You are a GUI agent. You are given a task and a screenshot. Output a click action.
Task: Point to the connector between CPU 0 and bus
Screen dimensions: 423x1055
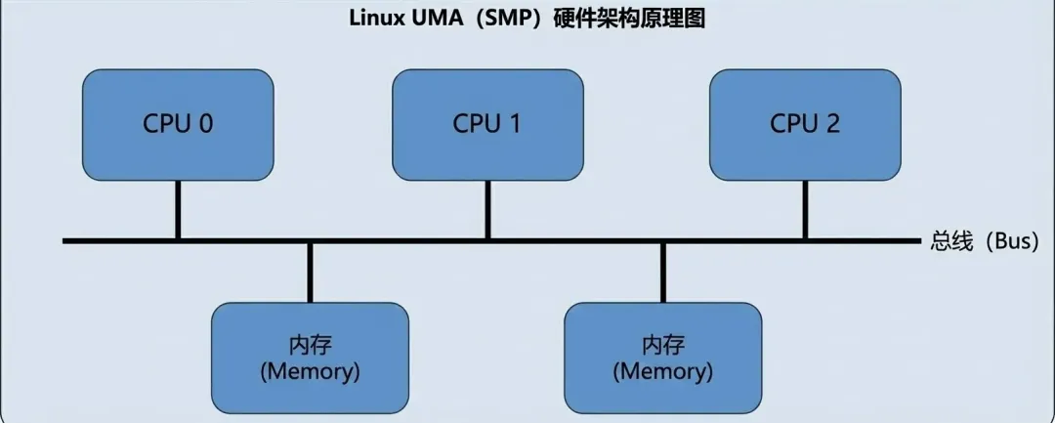178,209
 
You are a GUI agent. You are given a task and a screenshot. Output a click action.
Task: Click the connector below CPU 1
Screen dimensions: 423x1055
487,209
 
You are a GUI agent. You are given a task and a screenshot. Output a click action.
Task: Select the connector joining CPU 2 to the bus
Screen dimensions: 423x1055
805,209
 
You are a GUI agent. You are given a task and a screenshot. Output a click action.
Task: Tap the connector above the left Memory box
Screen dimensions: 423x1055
310,272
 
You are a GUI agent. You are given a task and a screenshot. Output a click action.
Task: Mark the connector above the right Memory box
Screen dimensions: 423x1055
662,272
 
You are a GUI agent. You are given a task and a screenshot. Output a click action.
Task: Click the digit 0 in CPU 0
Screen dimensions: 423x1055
206,124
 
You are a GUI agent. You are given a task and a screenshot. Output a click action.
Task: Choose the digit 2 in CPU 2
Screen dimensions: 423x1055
832,124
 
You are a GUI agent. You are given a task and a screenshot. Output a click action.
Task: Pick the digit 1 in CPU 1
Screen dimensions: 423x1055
516,124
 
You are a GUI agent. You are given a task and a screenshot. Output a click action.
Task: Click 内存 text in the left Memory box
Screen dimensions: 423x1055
310,347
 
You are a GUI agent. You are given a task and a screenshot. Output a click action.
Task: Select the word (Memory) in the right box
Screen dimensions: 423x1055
662,371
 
